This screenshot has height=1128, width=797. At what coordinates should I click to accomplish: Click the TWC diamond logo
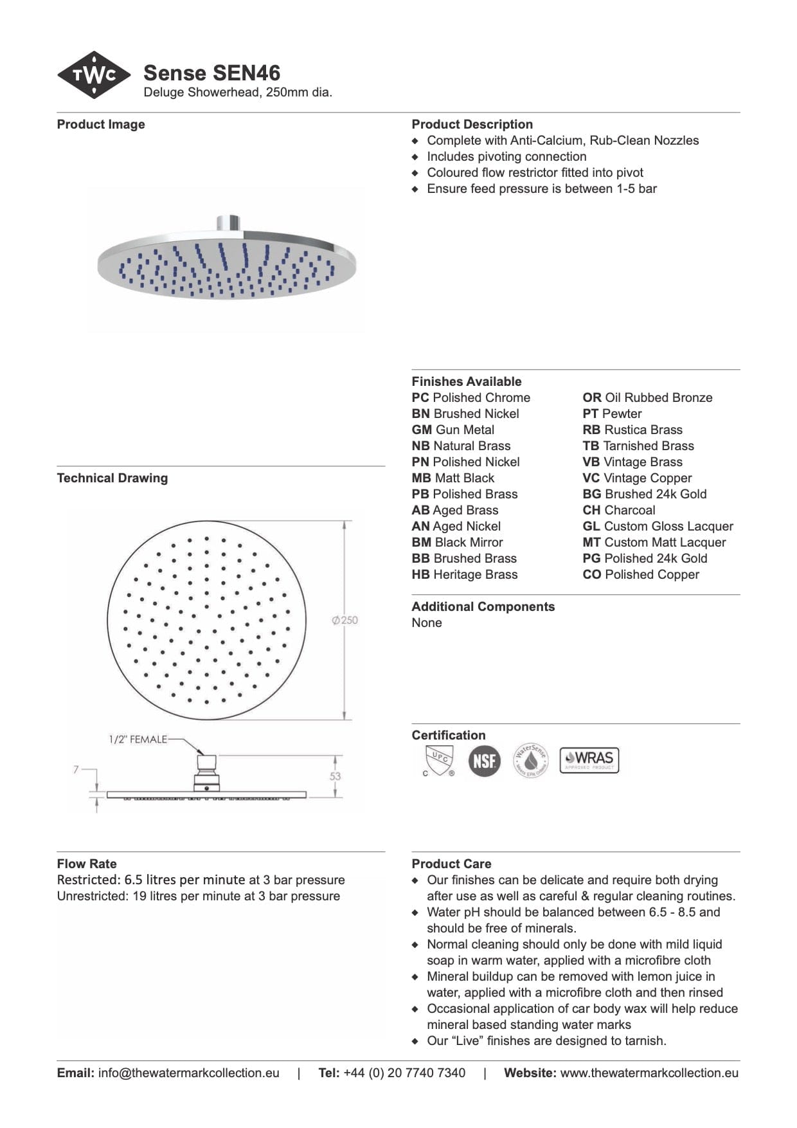[94, 75]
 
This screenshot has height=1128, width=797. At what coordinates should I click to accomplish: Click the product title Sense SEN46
[211, 73]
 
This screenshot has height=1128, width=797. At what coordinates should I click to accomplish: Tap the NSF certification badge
[484, 761]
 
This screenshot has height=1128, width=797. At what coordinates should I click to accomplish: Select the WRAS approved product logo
[589, 760]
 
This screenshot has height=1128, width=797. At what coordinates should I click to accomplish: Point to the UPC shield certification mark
[439, 760]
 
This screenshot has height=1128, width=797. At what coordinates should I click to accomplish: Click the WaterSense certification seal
[530, 760]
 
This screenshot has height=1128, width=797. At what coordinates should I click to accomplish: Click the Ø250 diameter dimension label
[345, 621]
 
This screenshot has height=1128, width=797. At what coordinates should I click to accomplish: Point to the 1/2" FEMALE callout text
[138, 740]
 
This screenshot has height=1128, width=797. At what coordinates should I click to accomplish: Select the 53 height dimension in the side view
[336, 776]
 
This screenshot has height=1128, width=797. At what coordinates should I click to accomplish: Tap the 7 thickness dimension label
[76, 769]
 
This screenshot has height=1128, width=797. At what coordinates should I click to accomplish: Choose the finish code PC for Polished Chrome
[420, 397]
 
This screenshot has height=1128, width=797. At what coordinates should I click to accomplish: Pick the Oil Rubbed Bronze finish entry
[647, 397]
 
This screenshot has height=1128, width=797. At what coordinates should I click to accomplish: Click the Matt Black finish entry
[453, 478]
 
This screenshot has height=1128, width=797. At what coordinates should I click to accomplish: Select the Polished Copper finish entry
[641, 574]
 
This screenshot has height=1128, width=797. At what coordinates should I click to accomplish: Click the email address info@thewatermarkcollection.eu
[188, 1073]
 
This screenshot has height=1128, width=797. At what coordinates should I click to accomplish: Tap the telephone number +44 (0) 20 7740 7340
[404, 1073]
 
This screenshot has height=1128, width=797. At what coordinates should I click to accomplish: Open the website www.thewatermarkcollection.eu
[649, 1073]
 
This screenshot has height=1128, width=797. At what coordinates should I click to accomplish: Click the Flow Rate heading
[87, 864]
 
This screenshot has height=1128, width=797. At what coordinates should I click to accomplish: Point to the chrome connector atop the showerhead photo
[228, 223]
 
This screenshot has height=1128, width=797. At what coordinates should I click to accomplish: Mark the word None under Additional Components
[427, 623]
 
